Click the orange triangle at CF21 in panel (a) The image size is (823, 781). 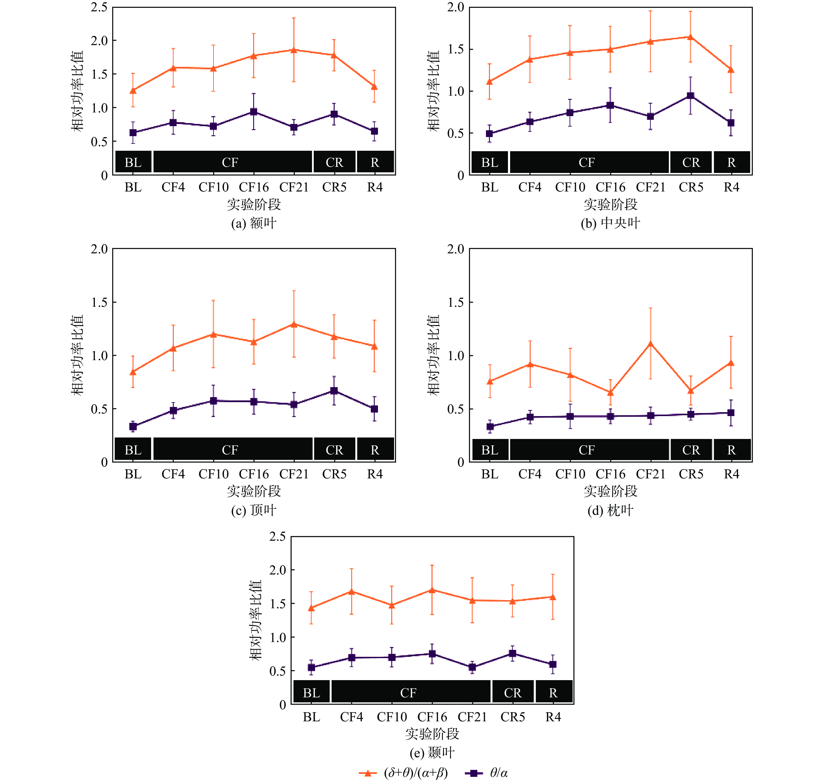[x=294, y=50]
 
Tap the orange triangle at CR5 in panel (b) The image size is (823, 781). [x=690, y=37]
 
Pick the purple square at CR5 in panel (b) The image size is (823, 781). [x=690, y=96]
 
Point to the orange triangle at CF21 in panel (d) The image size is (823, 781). [x=650, y=344]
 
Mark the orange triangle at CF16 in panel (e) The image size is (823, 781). [x=432, y=590]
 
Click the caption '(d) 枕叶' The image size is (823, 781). [x=610, y=510]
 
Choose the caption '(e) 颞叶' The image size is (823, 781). [x=432, y=753]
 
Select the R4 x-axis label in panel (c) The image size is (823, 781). [x=374, y=474]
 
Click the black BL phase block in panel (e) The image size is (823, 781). [x=311, y=693]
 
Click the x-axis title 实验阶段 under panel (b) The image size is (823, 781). [x=610, y=204]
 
